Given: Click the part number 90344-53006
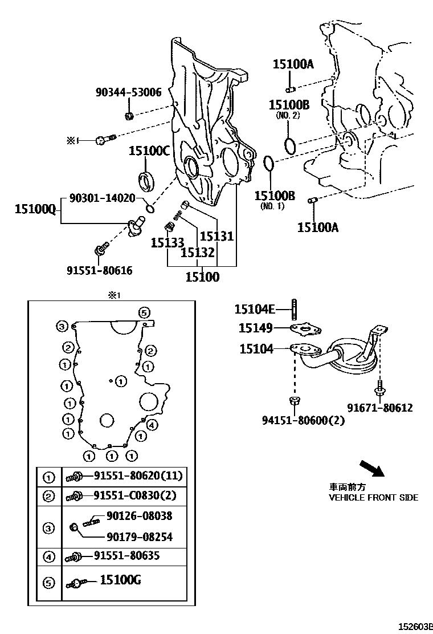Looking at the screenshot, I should click(x=128, y=92).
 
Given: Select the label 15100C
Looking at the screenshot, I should click(x=149, y=151).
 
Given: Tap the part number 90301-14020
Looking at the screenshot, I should click(x=102, y=198).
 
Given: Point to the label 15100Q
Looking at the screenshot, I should click(x=35, y=210).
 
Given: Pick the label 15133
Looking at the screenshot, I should click(x=168, y=243).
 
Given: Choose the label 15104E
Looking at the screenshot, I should click(x=255, y=310).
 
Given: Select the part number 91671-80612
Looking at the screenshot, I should click(x=380, y=408).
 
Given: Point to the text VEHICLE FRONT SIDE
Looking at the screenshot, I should click(x=373, y=497).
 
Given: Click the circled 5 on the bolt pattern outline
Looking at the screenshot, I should click(x=144, y=312).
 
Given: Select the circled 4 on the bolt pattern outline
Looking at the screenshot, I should click(x=152, y=425).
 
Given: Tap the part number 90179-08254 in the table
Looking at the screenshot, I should click(x=139, y=537).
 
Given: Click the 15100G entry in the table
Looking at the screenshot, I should click(x=120, y=581).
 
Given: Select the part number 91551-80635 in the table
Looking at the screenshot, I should click(x=126, y=555).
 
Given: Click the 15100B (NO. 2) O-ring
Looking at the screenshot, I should click(x=290, y=145).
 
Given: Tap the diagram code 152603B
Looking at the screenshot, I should click(x=415, y=625).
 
